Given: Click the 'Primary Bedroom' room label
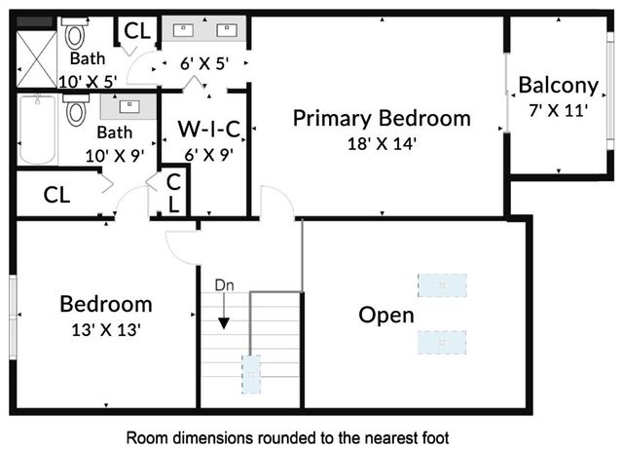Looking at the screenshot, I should click(382, 119).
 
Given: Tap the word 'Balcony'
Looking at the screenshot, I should click(557, 85).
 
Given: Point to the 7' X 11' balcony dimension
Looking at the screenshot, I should click(557, 109).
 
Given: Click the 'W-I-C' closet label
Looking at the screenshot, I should click(208, 128).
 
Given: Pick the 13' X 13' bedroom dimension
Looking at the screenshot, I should click(106, 329).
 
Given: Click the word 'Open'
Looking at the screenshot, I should click(386, 316).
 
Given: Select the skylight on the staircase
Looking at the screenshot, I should click(251, 373).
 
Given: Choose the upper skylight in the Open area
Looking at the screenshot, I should click(442, 284).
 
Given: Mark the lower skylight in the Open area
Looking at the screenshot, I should click(442, 343).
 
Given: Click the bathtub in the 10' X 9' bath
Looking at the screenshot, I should click(38, 130).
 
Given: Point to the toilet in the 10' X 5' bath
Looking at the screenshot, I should click(75, 36).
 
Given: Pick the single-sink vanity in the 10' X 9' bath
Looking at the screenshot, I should click(128, 103).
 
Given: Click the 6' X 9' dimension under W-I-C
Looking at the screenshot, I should click(207, 152).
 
